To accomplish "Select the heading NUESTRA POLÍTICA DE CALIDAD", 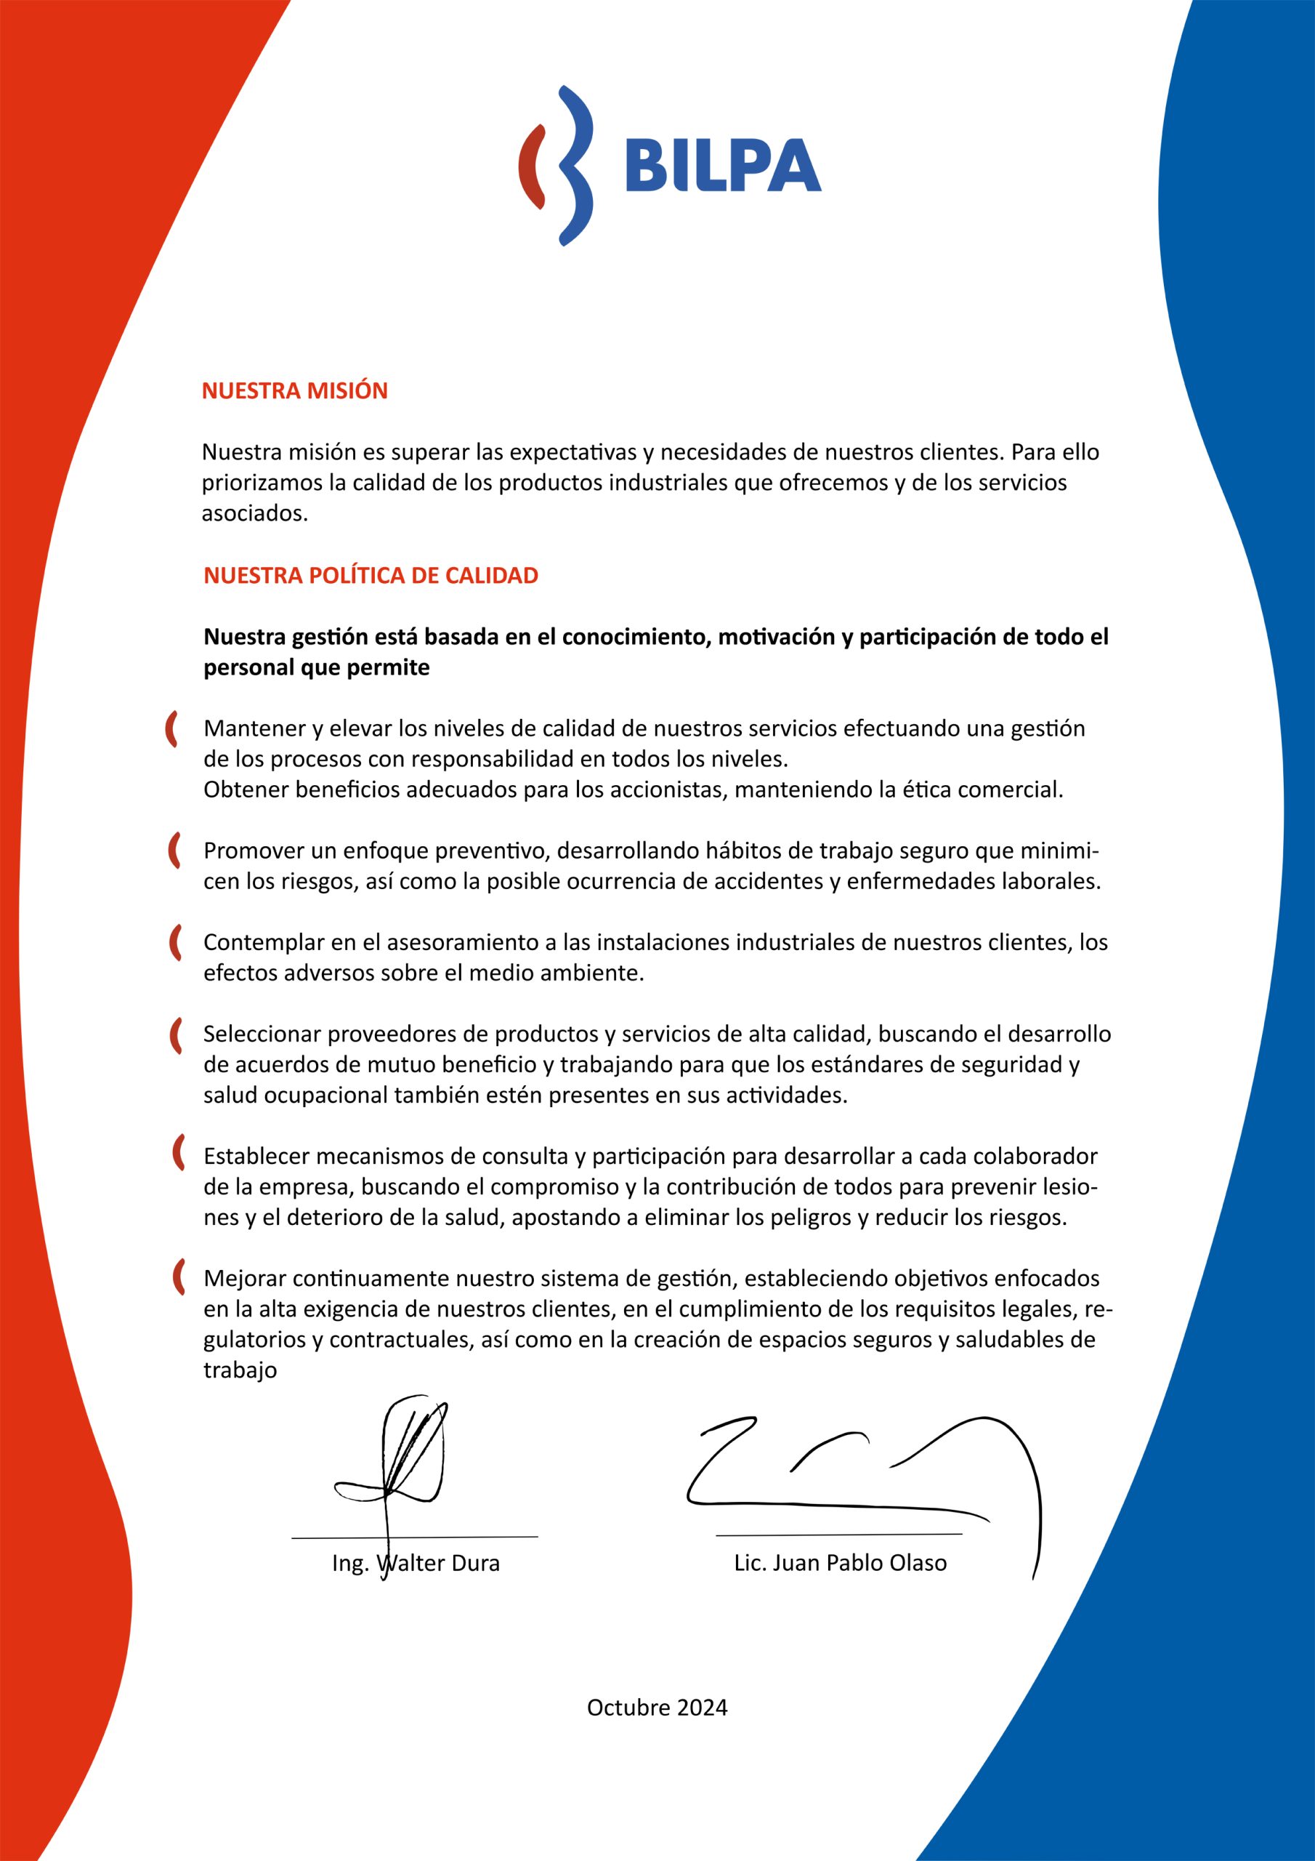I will [x=371, y=576].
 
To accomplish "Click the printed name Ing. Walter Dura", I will [x=416, y=1563].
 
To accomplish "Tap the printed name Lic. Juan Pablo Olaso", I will [x=840, y=1563].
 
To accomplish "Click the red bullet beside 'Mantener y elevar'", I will [x=171, y=728].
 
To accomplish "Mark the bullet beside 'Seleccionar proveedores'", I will [x=174, y=1035].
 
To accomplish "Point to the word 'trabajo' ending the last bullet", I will [x=240, y=1370].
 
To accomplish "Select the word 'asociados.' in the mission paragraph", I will [x=255, y=514].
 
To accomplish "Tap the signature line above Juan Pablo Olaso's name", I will [x=838, y=1535].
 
